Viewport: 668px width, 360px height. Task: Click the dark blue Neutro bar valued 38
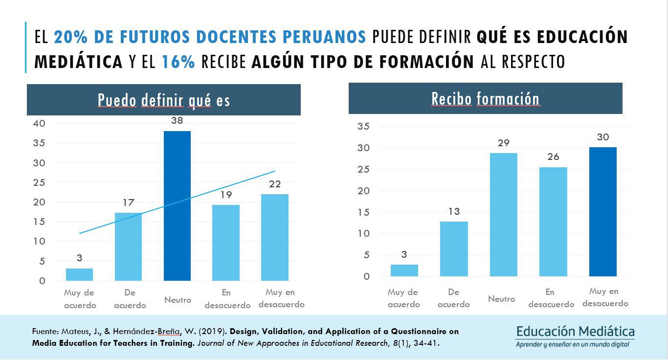click(x=177, y=205)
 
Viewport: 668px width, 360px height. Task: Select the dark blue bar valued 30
click(x=602, y=211)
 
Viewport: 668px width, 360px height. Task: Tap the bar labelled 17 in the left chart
click(x=128, y=247)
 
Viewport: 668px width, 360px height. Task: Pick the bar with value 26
click(x=554, y=222)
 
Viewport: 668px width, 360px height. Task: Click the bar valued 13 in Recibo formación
click(x=454, y=248)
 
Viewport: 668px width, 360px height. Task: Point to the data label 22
click(x=275, y=184)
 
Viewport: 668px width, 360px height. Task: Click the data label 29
click(x=504, y=143)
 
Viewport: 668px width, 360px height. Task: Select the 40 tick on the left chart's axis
click(x=39, y=124)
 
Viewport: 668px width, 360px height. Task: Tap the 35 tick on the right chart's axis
click(x=363, y=127)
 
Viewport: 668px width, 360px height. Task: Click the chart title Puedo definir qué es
click(x=164, y=100)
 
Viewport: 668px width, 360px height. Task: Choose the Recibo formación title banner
click(x=485, y=99)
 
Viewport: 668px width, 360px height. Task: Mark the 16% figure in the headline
click(x=178, y=62)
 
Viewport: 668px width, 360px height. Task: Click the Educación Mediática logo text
click(x=576, y=332)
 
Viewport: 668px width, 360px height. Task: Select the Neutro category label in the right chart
click(x=501, y=299)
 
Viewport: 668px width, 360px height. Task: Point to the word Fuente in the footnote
click(x=45, y=332)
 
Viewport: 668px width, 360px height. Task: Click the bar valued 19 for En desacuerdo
click(x=226, y=243)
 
